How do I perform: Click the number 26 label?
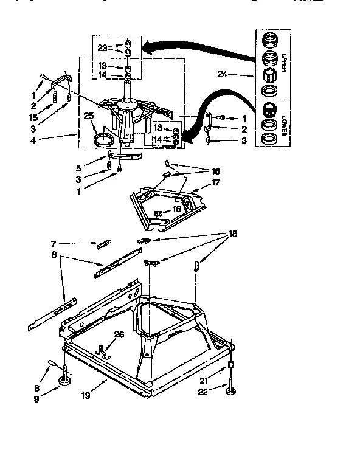coord(119,333)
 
